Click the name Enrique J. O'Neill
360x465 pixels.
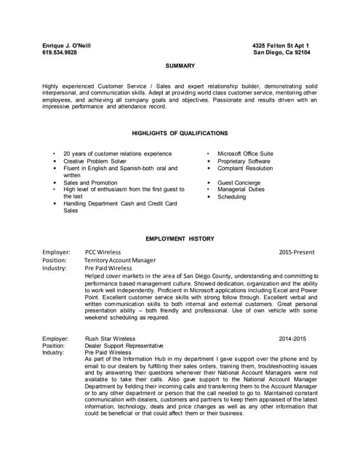tap(67, 45)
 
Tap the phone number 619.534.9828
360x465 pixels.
tap(60, 52)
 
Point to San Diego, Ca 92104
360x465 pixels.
tap(281, 52)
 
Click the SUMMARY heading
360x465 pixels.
tap(180, 65)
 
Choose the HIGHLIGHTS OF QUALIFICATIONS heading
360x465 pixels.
tap(180, 133)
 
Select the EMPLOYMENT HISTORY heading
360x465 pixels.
tap(180, 238)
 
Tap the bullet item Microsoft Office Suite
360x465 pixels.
tap(245, 153)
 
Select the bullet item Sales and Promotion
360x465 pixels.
tap(90, 182)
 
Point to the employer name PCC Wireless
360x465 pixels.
tap(103, 252)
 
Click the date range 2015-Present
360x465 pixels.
tap(296, 252)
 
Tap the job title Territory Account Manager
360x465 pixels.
tap(119, 259)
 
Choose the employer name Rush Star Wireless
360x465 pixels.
tap(110, 339)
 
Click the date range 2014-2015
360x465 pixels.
tap(292, 339)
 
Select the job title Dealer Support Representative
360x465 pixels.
tap(124, 345)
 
